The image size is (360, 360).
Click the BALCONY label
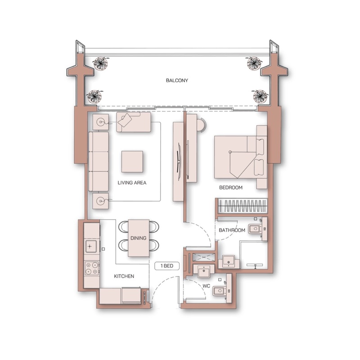[177, 81]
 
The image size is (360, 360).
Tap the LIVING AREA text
[132, 183]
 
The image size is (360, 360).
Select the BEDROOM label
[231, 188]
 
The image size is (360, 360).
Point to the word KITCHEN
[124, 276]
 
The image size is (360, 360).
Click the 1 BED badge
[167, 266]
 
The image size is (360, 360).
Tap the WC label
[206, 286]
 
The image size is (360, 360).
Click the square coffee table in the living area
[132, 162]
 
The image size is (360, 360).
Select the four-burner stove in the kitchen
[92, 268]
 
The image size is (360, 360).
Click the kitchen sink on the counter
[91, 246]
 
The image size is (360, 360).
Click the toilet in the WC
[220, 291]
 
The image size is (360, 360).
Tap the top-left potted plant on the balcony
[100, 63]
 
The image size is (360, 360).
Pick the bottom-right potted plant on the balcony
[260, 96]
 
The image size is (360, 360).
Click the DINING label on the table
[139, 238]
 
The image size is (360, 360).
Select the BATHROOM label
[232, 230]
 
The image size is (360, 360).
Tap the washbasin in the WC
[203, 271]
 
